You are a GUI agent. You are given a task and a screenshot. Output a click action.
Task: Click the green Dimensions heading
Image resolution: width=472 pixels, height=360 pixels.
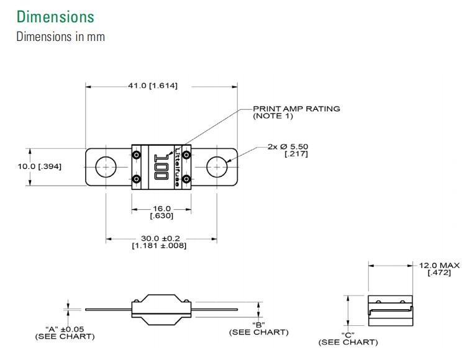pos(55,16)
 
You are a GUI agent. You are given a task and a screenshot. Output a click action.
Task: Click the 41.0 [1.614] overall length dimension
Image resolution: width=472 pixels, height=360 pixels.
pos(153,86)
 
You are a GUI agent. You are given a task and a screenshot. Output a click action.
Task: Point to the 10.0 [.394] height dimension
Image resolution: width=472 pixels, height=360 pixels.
pos(39,166)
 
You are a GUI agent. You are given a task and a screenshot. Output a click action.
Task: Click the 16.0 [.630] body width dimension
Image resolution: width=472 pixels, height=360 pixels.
pos(161,212)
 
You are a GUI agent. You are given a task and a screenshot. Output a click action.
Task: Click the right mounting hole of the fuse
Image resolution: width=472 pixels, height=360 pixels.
pos(217,167)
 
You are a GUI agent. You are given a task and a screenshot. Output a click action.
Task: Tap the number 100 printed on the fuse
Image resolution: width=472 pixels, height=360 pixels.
pos(161,166)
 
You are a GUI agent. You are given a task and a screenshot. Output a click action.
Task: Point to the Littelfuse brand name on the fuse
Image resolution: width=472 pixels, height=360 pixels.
pos(179,166)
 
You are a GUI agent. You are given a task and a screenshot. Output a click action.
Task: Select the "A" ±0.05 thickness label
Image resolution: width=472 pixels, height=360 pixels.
pos(65,332)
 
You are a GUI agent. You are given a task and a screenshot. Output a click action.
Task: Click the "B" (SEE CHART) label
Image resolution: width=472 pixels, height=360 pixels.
pos(259,328)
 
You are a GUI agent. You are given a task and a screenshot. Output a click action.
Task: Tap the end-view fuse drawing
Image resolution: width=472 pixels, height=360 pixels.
pos(389,310)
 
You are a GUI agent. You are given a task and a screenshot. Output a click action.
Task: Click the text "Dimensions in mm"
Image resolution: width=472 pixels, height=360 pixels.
pos(60,37)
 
